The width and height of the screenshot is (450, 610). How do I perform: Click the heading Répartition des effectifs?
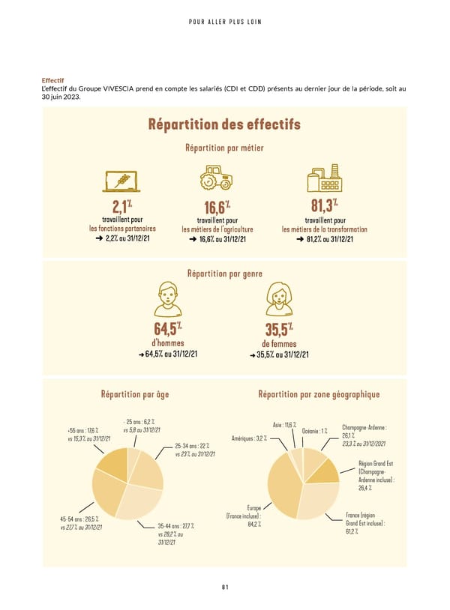tap(224, 124)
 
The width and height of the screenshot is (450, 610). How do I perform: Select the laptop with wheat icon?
tap(122, 179)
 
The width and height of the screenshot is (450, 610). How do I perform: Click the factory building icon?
tap(324, 178)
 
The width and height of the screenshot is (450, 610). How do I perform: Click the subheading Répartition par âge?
tap(139, 394)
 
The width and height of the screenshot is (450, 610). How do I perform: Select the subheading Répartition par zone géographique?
tap(319, 394)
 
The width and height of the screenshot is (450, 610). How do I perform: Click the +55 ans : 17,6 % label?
tap(82, 430)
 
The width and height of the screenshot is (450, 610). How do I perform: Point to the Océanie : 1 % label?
tap(314, 430)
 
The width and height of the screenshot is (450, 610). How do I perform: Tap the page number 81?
tap(224, 587)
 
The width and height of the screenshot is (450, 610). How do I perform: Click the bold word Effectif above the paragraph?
tap(52, 80)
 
